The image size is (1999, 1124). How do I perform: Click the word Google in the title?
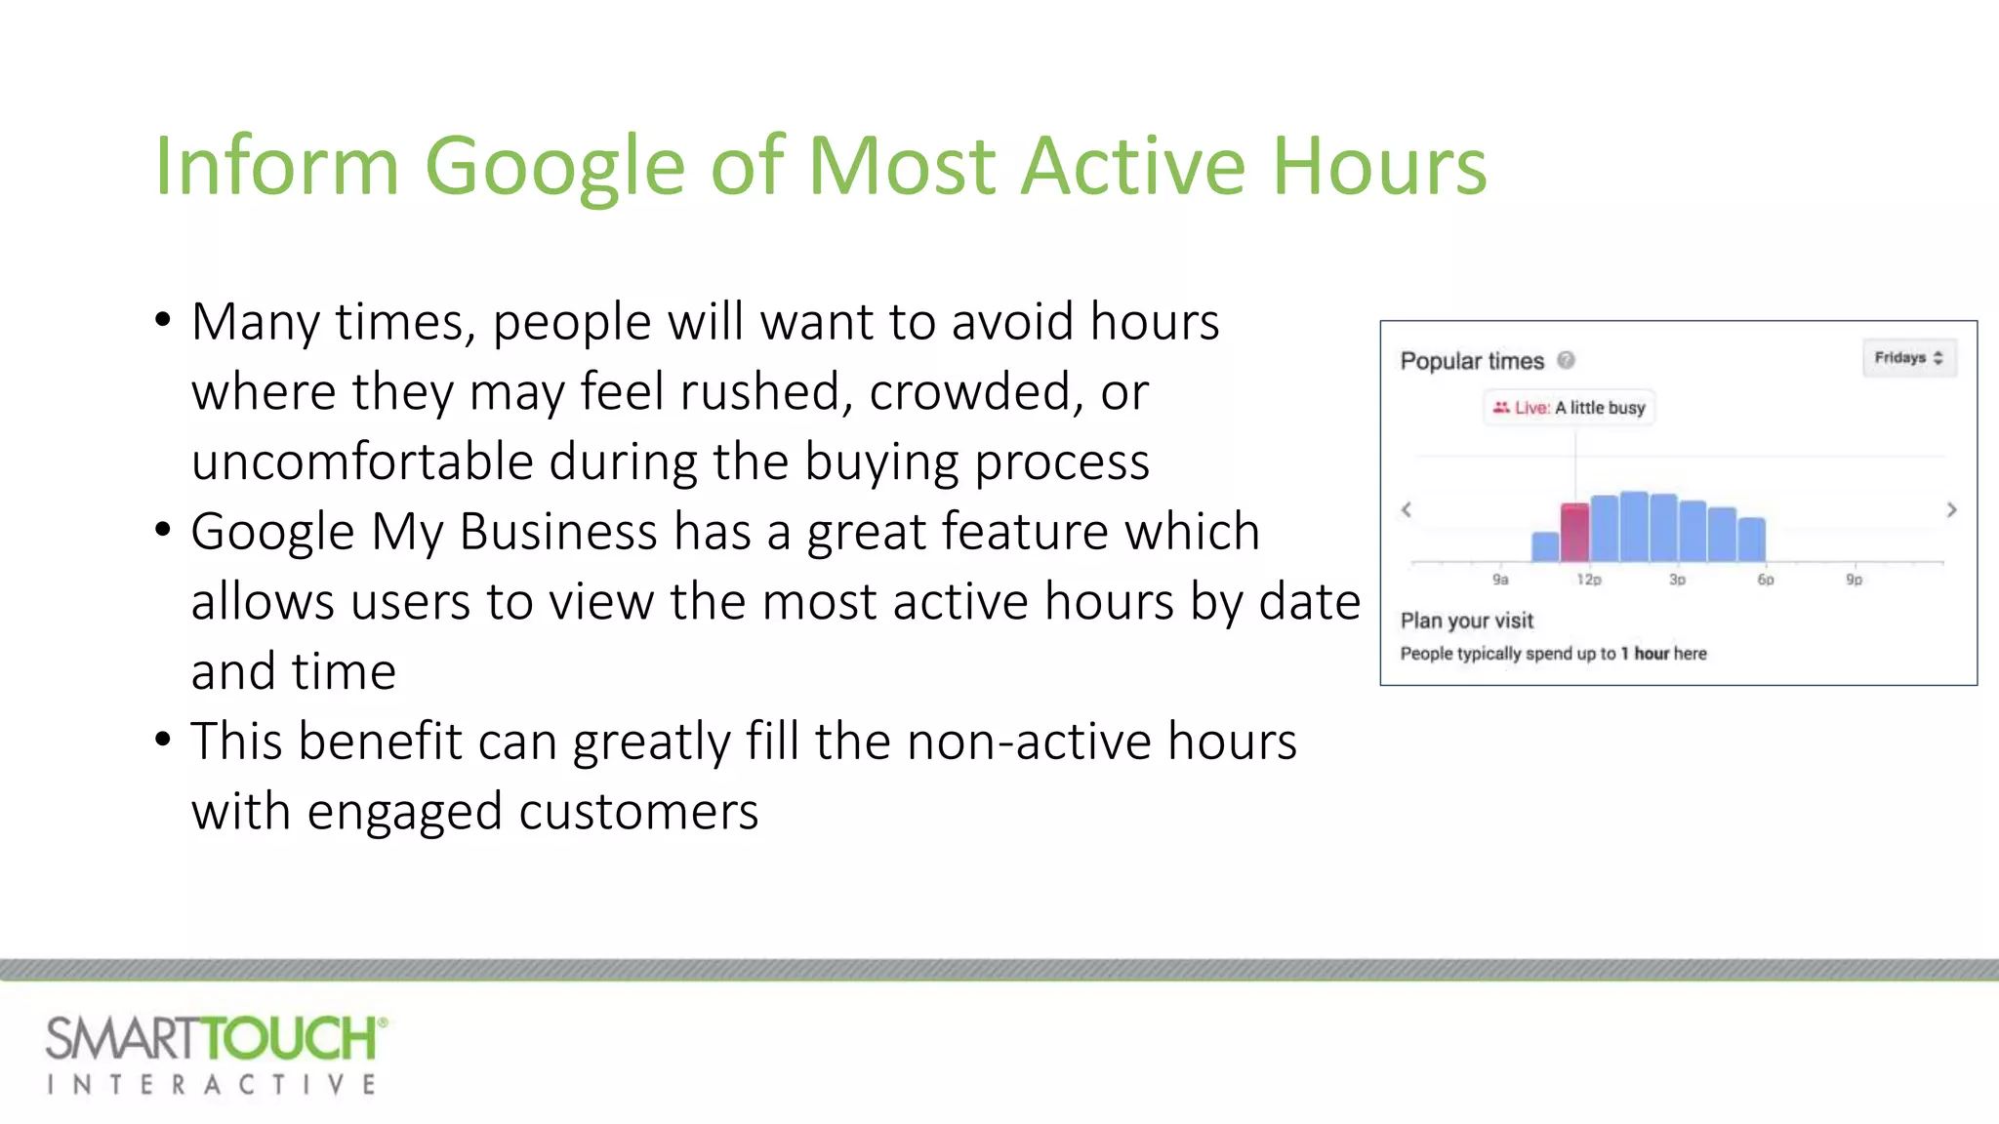(553, 168)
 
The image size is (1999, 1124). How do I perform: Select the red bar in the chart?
(1574, 533)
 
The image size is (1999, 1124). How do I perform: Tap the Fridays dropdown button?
(1908, 358)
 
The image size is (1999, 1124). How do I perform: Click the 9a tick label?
(1500, 580)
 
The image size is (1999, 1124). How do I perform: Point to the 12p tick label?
(1589, 580)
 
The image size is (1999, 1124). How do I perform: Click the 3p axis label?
(1677, 580)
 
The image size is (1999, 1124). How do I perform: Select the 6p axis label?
(1766, 580)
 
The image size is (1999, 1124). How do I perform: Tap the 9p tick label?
(1854, 580)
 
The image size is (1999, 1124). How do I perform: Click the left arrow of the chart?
(1407, 509)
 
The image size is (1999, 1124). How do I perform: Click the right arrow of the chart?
(1951, 509)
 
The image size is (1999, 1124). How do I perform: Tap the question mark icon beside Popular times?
(1566, 360)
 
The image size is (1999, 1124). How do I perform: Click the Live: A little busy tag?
(1570, 408)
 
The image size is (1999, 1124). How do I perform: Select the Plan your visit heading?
(1466, 621)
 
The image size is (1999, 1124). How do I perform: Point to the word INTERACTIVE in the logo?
(212, 1085)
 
